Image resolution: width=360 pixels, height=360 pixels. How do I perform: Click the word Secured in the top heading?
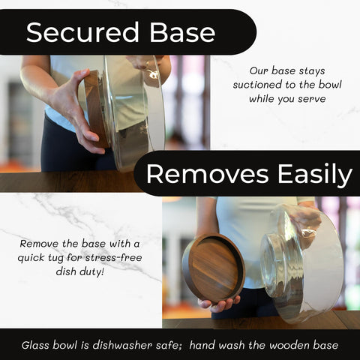pos(82,32)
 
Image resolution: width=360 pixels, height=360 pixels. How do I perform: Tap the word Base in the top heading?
pos(182,32)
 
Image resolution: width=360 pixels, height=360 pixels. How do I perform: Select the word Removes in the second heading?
pos(207,174)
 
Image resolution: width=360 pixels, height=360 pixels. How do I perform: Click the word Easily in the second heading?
pos(315,175)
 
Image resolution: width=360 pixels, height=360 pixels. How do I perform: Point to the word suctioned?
pos(257,85)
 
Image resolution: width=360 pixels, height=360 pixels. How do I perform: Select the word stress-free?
pos(114,257)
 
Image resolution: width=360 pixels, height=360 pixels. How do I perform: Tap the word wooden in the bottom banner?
pos(289,345)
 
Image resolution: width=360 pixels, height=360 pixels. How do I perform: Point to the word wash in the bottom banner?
pos(232,345)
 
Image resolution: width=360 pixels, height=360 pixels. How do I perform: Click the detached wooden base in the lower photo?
pos(213,268)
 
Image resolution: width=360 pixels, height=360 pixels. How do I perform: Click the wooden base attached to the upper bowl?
pos(96,109)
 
